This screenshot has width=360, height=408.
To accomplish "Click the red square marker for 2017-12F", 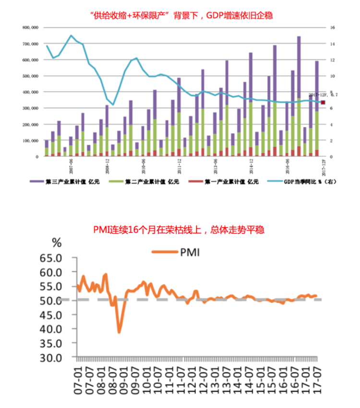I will (323, 102).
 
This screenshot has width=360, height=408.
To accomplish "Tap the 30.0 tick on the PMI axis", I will (53, 357).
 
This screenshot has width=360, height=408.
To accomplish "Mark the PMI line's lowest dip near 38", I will (119, 332).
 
